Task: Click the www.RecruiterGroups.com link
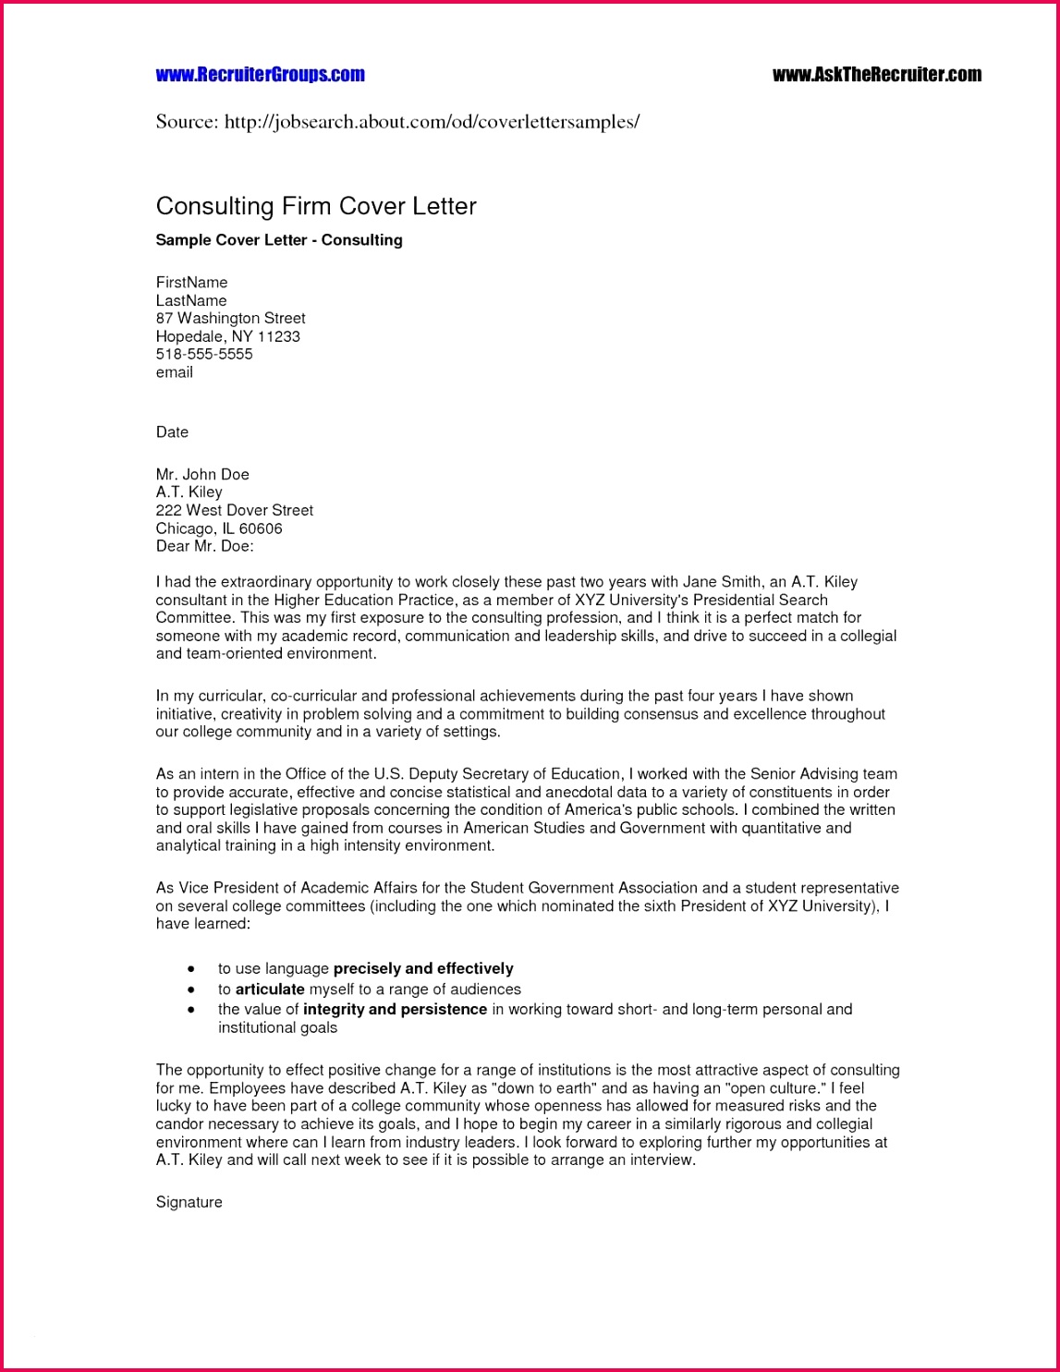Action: [260, 75]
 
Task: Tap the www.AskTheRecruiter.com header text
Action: [876, 75]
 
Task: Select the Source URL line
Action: [397, 122]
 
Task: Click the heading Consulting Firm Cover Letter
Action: [316, 206]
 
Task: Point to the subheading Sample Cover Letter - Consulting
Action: [279, 240]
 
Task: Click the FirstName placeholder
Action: [191, 283]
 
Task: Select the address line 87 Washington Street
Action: [230, 319]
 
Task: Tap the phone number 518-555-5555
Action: [204, 355]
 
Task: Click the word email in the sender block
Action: [175, 372]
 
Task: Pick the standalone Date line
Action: [172, 432]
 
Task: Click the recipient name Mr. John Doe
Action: [202, 475]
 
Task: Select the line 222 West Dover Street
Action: [235, 511]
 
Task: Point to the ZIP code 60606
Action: [261, 528]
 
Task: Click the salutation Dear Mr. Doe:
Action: [204, 547]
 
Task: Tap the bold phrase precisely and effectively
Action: [423, 969]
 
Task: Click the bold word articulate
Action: [270, 990]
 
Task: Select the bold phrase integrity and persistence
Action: [395, 1010]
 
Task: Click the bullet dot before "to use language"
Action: [191, 969]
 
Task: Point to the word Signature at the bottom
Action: [189, 1203]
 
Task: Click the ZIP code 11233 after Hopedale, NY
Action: [278, 337]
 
